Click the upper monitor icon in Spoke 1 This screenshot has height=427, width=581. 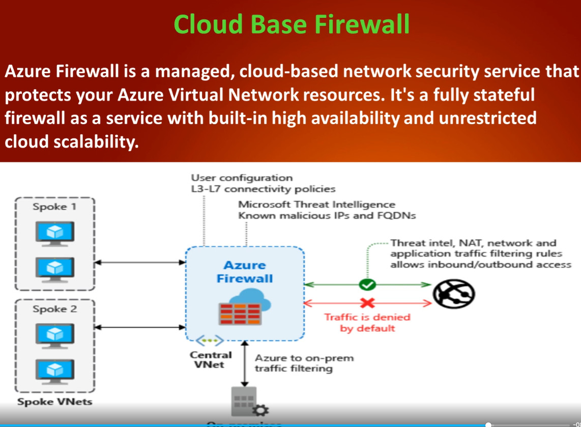[54, 233]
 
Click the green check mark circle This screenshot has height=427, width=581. [367, 284]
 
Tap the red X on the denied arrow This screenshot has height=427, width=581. [367, 303]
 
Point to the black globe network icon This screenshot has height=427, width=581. [454, 294]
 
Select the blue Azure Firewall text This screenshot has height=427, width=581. [245, 272]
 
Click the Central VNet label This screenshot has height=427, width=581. [211, 359]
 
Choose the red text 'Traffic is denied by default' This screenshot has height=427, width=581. [367, 322]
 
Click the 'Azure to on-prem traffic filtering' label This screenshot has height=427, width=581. [304, 363]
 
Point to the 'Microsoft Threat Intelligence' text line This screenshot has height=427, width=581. [316, 205]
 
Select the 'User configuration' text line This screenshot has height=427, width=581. [242, 178]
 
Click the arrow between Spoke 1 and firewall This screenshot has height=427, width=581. [140, 262]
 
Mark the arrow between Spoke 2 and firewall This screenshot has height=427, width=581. [140, 327]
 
